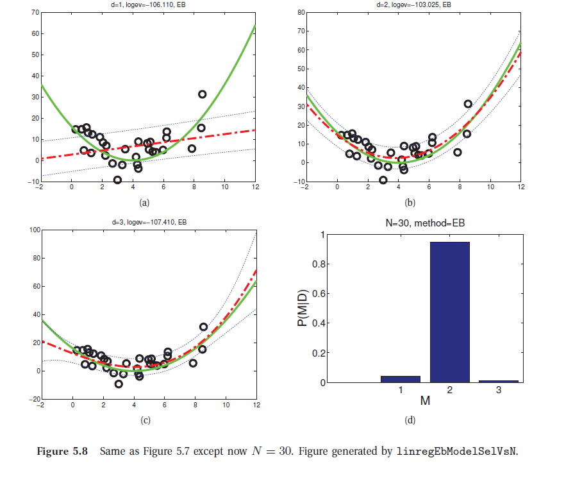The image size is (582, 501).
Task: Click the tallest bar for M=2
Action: coord(449,312)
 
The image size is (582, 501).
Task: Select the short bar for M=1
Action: coord(401,379)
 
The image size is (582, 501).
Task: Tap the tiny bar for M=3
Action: coord(498,381)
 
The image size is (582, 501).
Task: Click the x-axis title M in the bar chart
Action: coord(425,401)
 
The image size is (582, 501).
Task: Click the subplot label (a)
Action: coord(144,201)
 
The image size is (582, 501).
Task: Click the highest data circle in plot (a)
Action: coord(202,94)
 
